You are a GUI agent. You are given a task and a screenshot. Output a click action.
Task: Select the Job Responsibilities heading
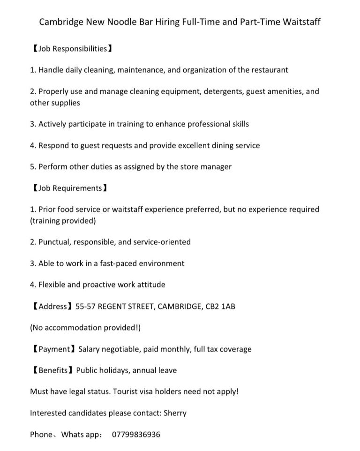72,49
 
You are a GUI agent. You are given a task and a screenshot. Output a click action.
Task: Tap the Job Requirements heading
70,188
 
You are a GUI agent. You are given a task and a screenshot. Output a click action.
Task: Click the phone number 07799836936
136,435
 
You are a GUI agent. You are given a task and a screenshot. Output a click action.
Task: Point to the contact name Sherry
175,413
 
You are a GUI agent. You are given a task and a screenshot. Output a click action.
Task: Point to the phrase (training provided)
63,221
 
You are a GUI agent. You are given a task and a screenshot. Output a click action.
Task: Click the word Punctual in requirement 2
54,242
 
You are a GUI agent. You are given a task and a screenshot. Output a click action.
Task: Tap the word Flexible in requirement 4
53,285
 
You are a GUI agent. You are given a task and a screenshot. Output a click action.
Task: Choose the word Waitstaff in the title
302,22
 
